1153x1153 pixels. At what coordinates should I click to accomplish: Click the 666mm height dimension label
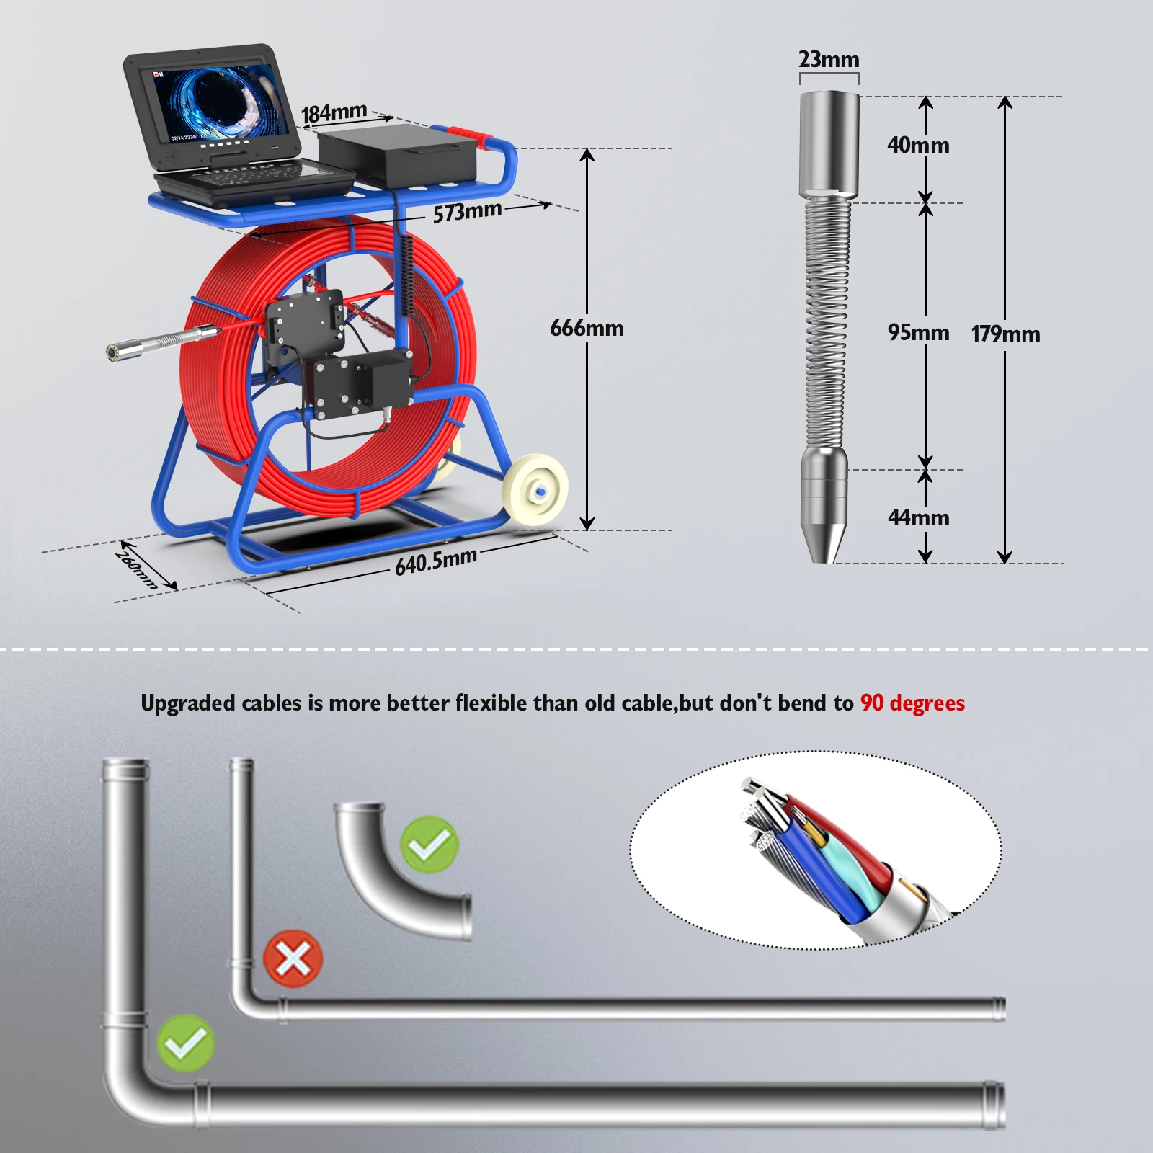(587, 329)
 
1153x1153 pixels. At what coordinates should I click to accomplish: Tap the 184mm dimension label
(334, 112)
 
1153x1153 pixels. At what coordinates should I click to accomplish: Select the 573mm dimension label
(467, 212)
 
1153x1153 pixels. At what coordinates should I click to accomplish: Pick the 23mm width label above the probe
(829, 59)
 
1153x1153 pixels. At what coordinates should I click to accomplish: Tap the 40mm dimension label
(918, 146)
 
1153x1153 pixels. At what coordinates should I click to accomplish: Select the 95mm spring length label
(918, 333)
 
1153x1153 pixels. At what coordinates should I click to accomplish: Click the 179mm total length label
(1005, 334)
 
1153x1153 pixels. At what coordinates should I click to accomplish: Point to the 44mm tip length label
(918, 518)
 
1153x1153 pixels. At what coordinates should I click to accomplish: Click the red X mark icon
(293, 959)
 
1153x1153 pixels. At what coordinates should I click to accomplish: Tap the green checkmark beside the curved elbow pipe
(429, 845)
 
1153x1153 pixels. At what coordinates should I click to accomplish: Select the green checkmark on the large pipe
(185, 1043)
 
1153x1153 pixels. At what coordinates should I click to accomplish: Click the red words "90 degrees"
(912, 703)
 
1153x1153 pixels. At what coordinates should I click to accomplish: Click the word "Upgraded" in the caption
(188, 704)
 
